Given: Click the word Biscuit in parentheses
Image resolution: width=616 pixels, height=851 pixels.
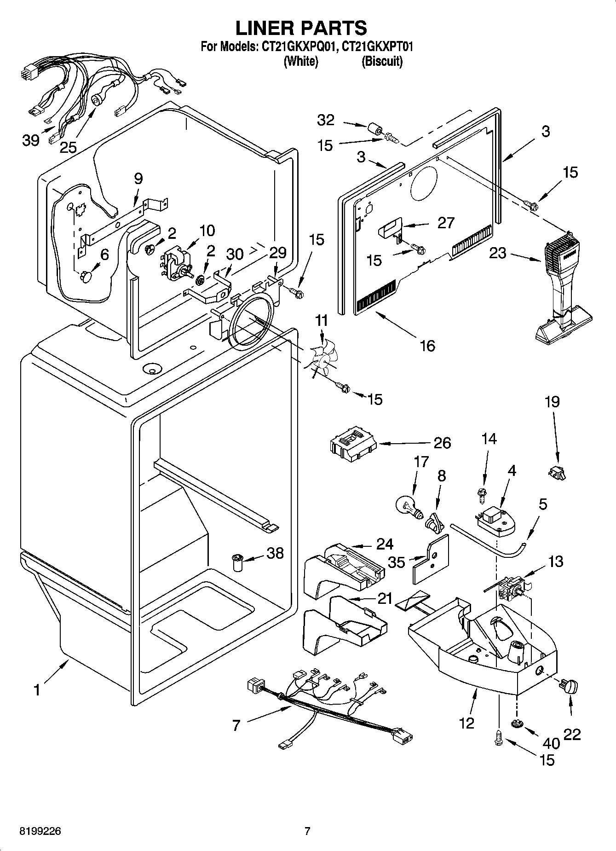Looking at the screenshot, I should [x=382, y=61].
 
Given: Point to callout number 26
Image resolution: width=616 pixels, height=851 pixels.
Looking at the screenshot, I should [x=442, y=443].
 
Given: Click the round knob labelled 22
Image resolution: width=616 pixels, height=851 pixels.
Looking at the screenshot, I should [x=569, y=687].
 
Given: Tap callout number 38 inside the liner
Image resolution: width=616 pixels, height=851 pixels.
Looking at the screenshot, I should [x=275, y=553].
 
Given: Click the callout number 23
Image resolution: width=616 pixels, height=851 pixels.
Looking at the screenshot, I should [x=498, y=253].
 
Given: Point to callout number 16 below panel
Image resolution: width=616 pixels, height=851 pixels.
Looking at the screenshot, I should [x=427, y=345].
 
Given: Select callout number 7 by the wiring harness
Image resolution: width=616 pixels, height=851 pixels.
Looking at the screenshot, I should [x=236, y=726].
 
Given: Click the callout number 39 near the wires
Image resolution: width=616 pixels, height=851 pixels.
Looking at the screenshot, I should [x=31, y=140].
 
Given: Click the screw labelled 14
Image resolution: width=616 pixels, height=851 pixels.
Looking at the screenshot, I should [x=482, y=494].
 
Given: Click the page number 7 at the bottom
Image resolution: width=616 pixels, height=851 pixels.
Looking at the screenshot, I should [x=307, y=831].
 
